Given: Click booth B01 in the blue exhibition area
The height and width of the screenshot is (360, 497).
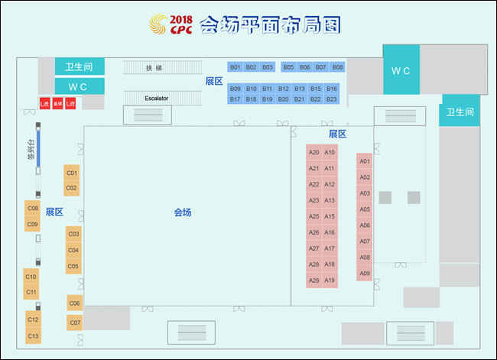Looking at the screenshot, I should point(236,67).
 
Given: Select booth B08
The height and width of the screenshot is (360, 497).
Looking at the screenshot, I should point(337,67).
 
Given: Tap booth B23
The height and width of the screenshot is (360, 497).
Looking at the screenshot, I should point(332,99).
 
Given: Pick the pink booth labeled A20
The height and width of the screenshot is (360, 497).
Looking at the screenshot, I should point(313,152).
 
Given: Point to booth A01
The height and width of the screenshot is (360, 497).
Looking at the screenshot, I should point(365,161).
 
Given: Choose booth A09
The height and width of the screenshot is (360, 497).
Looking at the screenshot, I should point(365,274).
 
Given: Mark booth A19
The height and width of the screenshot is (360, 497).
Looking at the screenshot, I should point(330,281).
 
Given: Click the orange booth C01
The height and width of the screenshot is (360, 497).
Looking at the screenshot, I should point(72,174).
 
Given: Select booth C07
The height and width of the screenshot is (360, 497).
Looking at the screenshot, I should point(74,323).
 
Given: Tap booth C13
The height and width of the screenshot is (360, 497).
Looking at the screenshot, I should point(33,336).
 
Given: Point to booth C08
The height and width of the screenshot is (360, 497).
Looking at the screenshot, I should point(33,209).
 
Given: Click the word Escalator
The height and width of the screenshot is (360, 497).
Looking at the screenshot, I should point(156,99).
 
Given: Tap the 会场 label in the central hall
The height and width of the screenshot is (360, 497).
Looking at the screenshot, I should point(182,212).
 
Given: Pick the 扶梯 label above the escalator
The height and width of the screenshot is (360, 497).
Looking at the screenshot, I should point(154,68).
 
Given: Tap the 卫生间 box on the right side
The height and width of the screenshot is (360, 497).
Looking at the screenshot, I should point(460,112).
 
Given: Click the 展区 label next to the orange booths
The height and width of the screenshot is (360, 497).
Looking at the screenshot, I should point(54,212).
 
